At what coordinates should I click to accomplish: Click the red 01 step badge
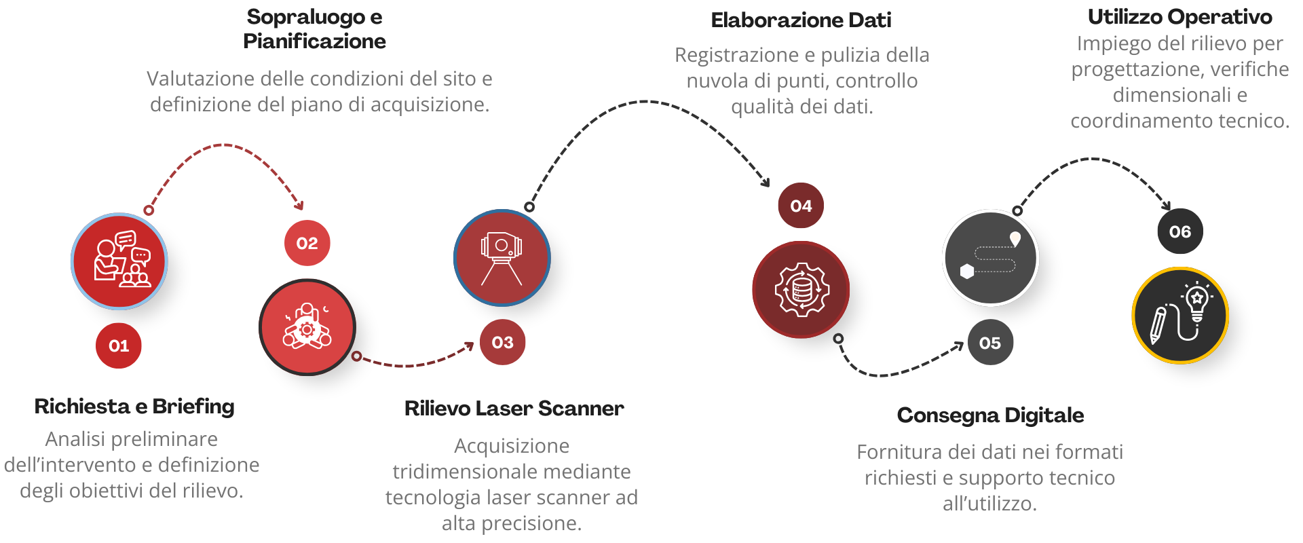point(119,345)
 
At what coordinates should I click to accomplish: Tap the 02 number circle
point(307,243)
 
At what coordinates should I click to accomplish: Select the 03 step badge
point(502,342)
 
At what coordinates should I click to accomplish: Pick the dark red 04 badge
point(801,206)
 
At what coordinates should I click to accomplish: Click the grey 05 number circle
point(990,343)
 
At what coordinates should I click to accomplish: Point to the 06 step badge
point(1180,231)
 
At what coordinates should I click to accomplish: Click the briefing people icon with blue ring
point(119,261)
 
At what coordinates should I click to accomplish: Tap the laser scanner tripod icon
point(502,258)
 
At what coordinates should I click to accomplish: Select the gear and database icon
point(801,289)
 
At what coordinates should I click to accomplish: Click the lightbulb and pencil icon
point(1180,315)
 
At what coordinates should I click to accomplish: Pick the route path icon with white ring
point(991,258)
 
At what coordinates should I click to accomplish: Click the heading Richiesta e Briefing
point(134,407)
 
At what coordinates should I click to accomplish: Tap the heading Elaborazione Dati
point(801,20)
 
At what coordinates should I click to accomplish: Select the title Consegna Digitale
point(990,415)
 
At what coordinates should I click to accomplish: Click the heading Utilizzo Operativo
point(1179,17)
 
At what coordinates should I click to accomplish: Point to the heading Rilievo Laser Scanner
point(514,408)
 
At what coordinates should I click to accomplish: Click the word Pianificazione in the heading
point(314,41)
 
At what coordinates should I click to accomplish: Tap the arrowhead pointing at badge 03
point(470,346)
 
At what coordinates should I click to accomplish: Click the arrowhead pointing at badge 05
point(958,346)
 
